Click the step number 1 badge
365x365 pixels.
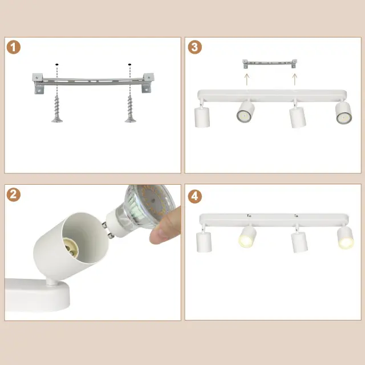[14, 47]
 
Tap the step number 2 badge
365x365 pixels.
[14, 194]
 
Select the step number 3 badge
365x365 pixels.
[195, 47]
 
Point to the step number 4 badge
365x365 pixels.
[195, 196]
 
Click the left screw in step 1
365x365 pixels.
[57, 109]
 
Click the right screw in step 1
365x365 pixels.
[130, 109]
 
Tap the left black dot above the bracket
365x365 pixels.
[57, 64]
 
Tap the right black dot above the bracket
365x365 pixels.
[129, 64]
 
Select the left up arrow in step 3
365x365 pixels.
[247, 79]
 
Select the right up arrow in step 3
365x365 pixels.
[295, 79]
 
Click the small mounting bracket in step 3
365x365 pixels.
[270, 63]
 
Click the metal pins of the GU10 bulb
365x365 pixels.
[108, 230]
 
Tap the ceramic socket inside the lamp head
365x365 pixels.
[71, 248]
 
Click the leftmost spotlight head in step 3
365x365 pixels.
[202, 116]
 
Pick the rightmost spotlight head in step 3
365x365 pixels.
[343, 113]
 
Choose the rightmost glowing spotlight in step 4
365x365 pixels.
[346, 237]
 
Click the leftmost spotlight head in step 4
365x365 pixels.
[204, 242]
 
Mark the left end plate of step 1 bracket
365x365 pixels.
[38, 83]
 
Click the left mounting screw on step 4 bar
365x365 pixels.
[249, 216]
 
